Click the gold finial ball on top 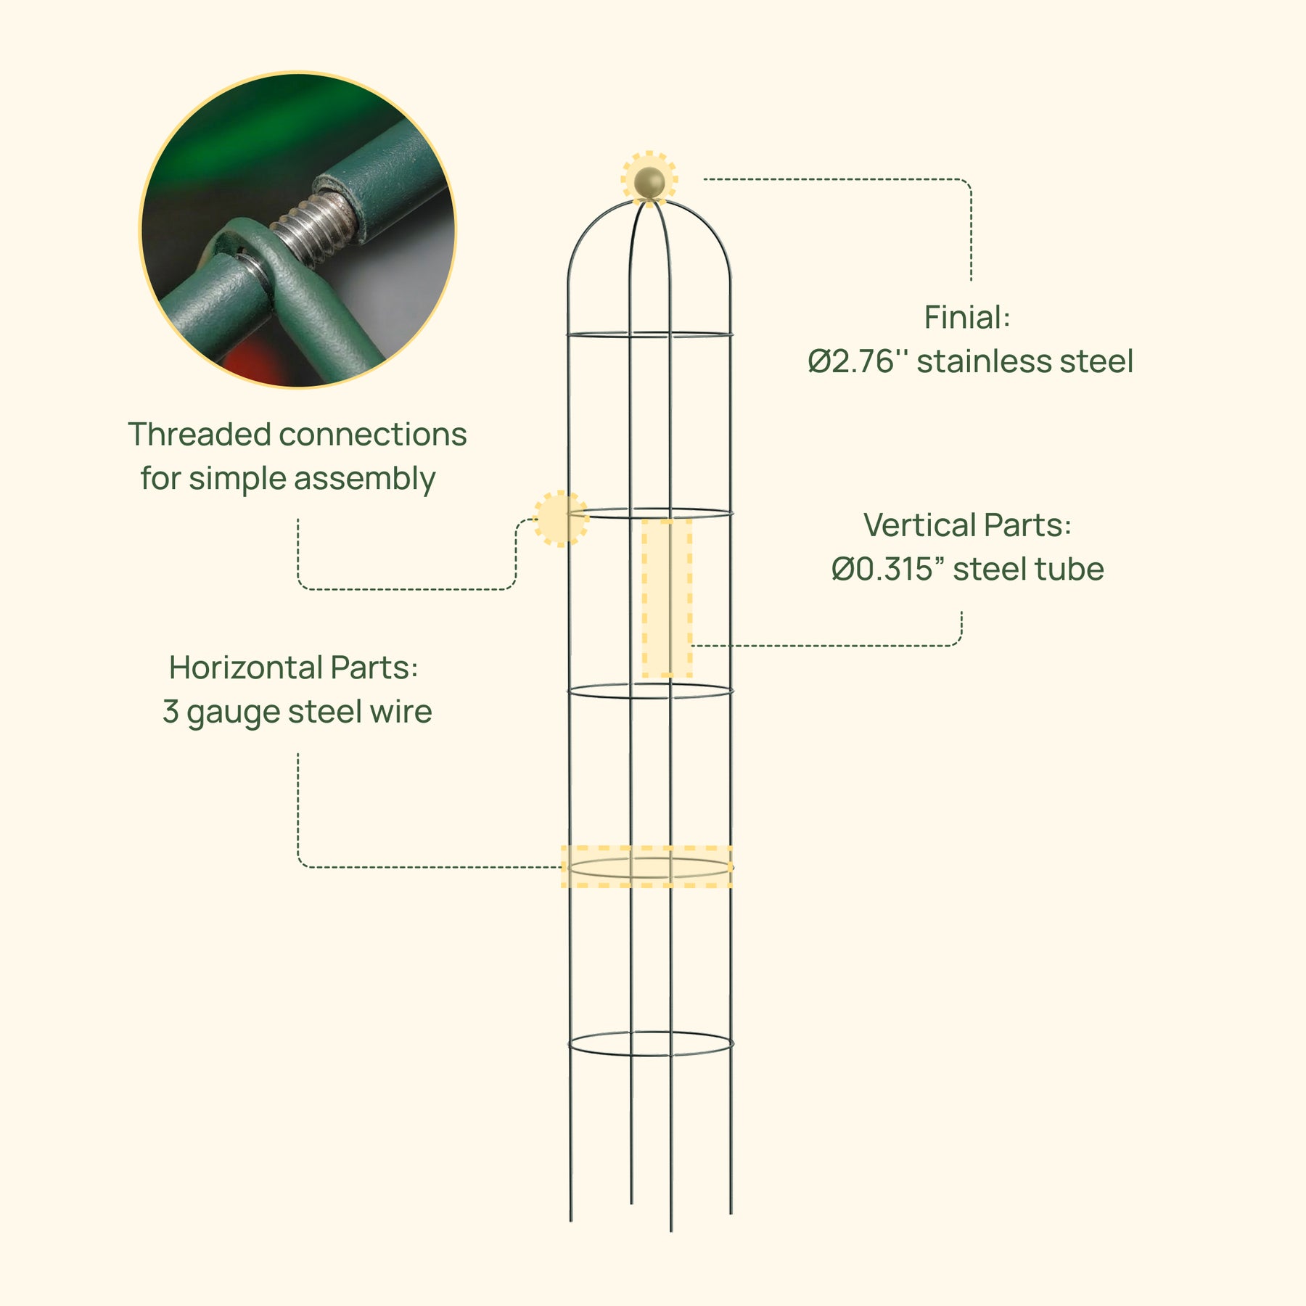click(x=649, y=182)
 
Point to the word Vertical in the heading click(x=919, y=525)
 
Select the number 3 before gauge click(x=171, y=712)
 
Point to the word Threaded click(x=200, y=435)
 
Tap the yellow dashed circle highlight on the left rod click(x=561, y=519)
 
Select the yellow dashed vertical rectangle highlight click(x=667, y=599)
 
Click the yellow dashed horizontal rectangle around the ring click(x=646, y=866)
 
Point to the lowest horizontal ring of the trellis click(x=651, y=1043)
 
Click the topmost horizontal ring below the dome click(x=650, y=335)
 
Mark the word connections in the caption click(x=373, y=435)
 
